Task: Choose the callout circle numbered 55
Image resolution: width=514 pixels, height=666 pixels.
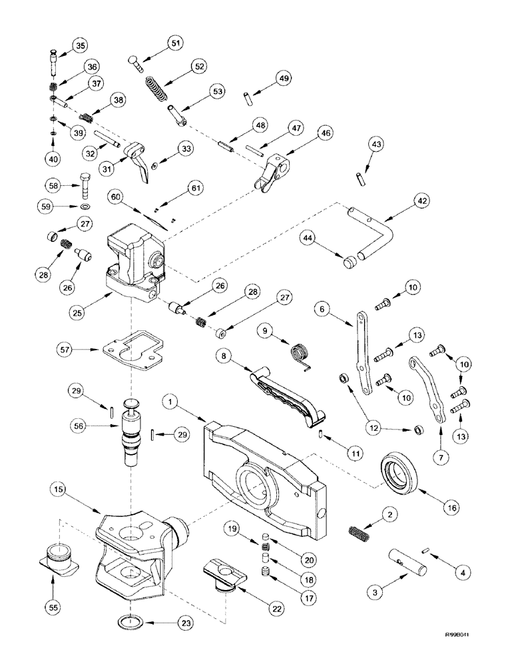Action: tap(55, 607)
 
